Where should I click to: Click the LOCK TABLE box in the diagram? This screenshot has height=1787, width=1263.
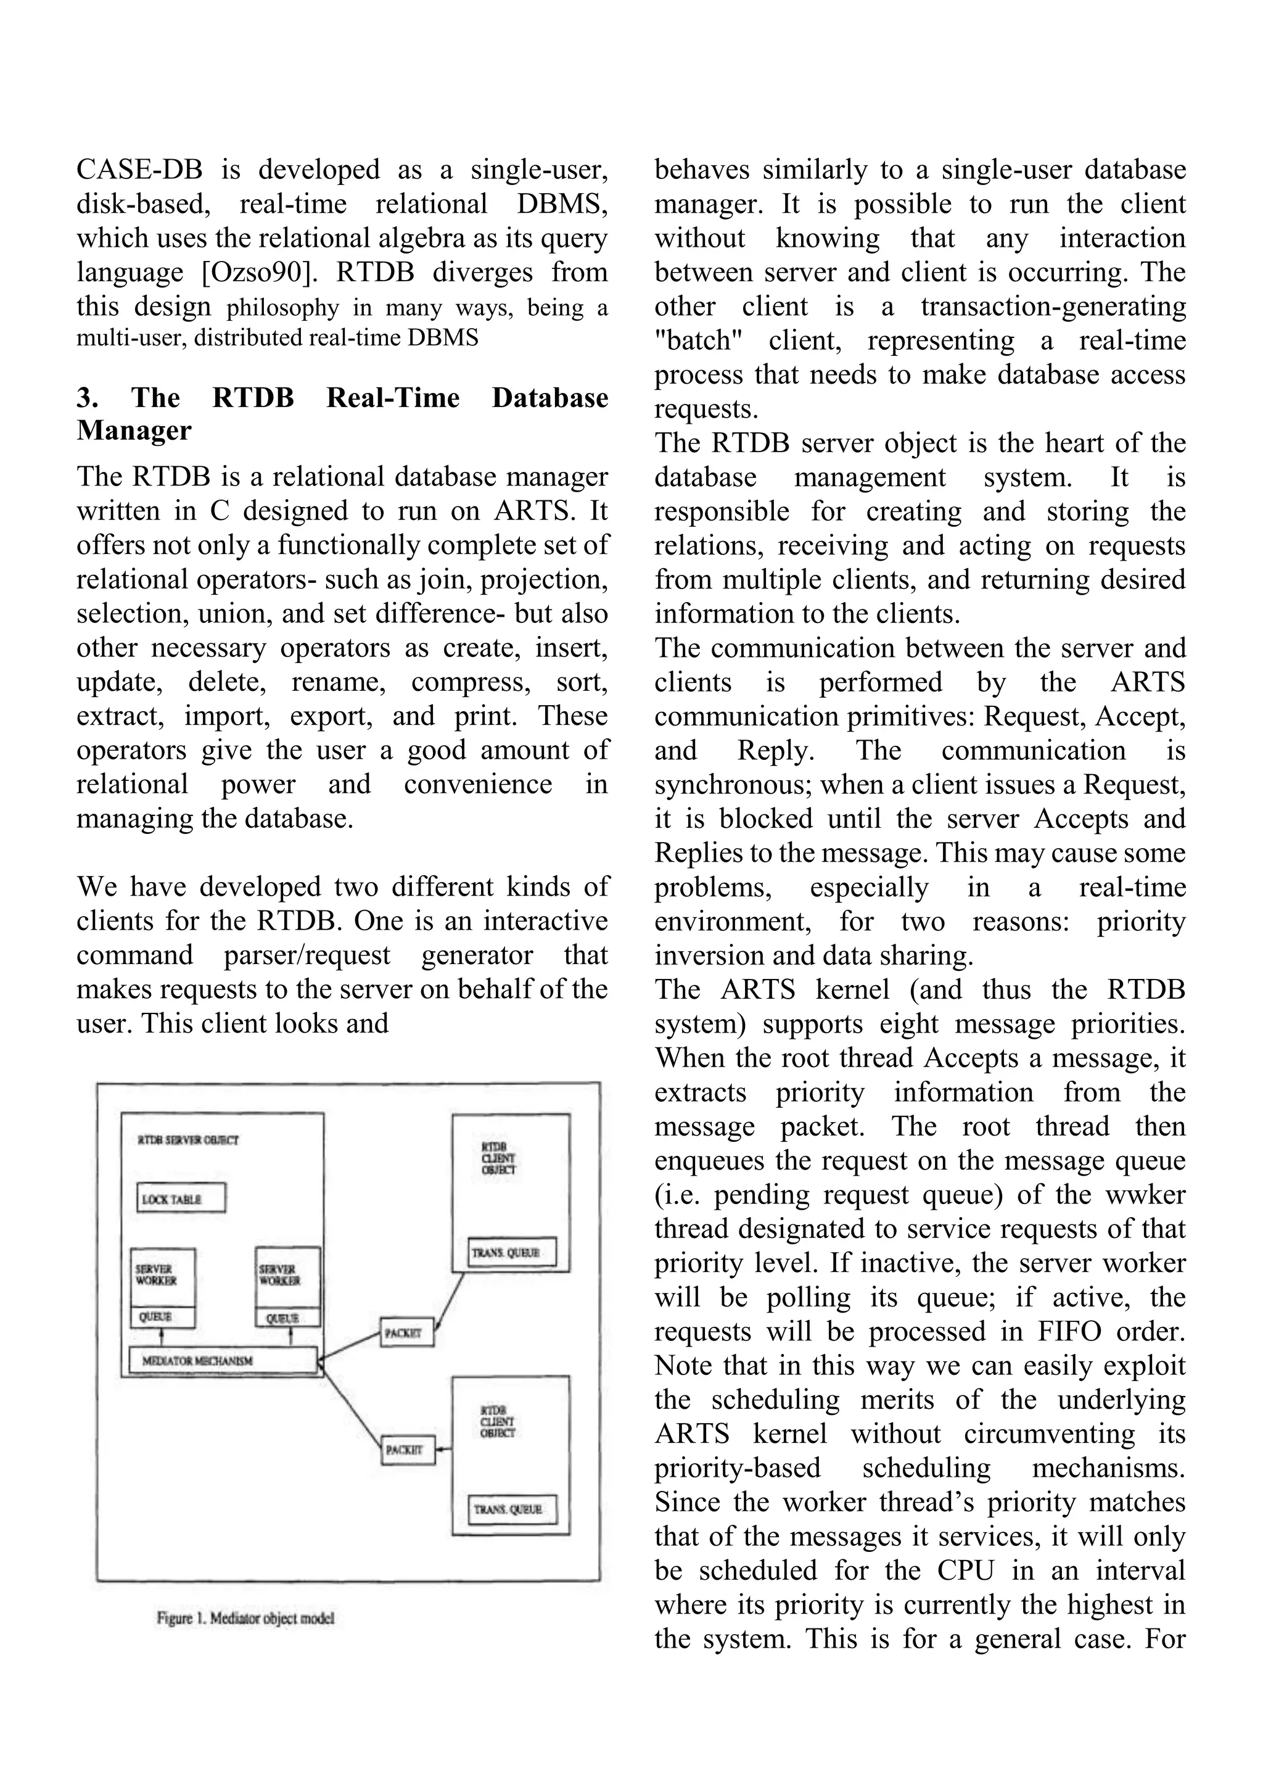[x=181, y=1198]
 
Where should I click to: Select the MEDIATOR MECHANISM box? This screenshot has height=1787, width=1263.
[x=223, y=1361]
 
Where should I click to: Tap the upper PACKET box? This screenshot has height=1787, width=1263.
[x=406, y=1332]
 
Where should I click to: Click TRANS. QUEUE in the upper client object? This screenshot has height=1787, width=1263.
[x=511, y=1252]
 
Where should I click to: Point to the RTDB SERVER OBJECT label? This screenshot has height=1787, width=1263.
[x=188, y=1139]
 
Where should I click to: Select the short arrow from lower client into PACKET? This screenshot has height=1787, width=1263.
[x=443, y=1449]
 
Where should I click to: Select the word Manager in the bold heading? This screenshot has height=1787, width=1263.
[x=134, y=431]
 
